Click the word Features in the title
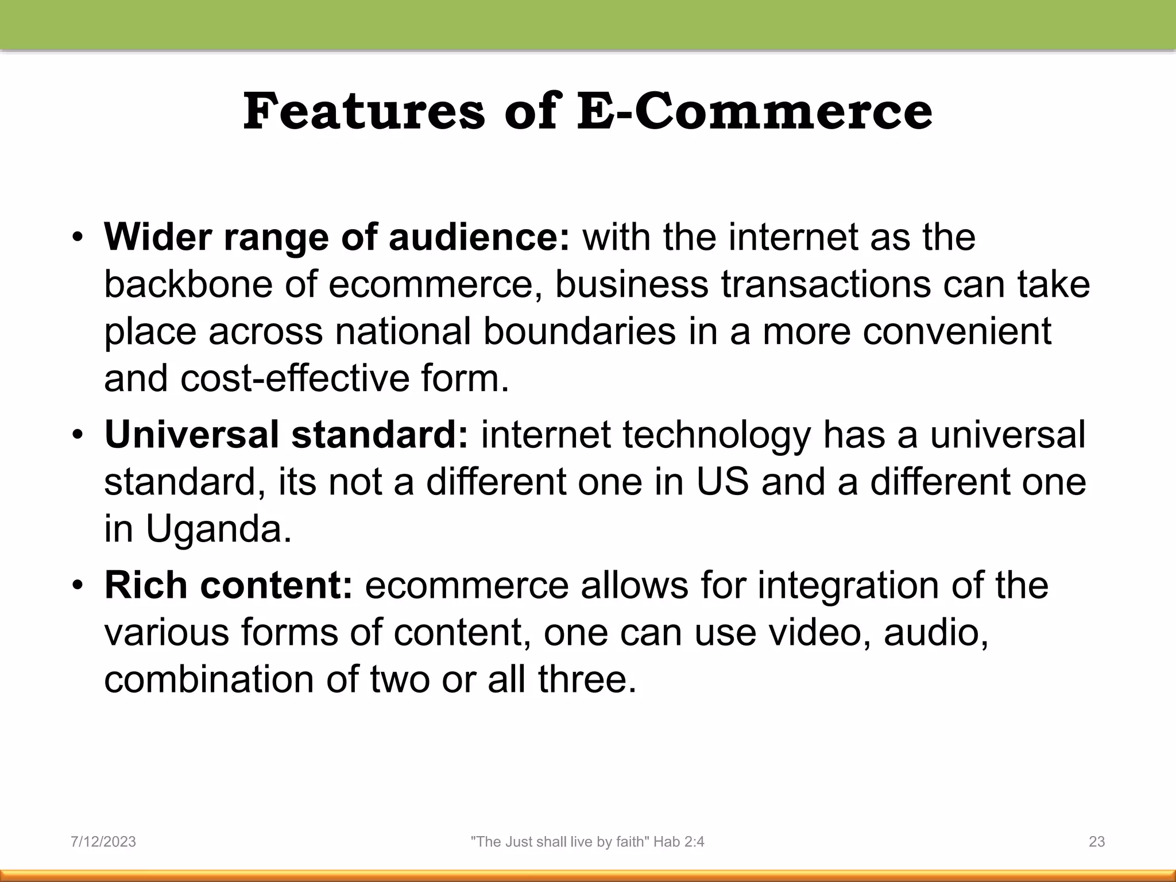pyautogui.click(x=364, y=111)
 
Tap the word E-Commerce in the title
pyautogui.click(x=755, y=111)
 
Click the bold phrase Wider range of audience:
pyautogui.click(x=336, y=237)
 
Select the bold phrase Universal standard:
pyautogui.click(x=287, y=435)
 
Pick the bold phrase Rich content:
pyautogui.click(x=228, y=585)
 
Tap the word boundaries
pyautogui.click(x=579, y=331)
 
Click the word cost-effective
pyautogui.click(x=295, y=379)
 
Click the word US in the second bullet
pyautogui.click(x=722, y=482)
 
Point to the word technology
pyautogui.click(x=716, y=435)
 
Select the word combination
pyautogui.click(x=209, y=679)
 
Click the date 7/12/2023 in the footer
pyautogui.click(x=103, y=842)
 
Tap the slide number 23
pyautogui.click(x=1097, y=842)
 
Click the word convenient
pyautogui.click(x=957, y=331)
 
